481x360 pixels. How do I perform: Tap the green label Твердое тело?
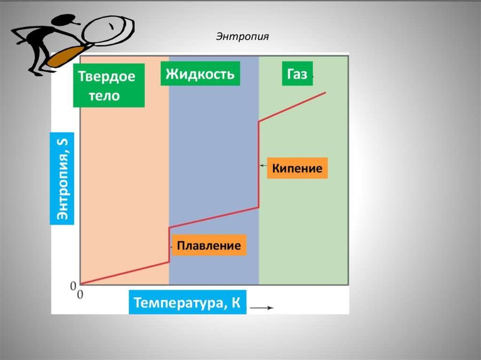pos(106,86)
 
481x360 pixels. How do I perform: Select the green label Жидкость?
pos(200,74)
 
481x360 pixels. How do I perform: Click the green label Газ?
pos(297,74)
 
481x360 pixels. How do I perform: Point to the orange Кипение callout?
pos(297,168)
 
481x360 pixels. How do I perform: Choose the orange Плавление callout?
pos(209,245)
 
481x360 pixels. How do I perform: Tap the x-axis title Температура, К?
pos(187,303)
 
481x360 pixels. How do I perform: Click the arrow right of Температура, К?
pos(262,308)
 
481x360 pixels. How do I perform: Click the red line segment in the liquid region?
pos(214,217)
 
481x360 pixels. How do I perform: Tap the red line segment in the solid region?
pos(124,273)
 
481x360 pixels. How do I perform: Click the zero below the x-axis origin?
pos(79,294)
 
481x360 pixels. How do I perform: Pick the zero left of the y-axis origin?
pos(73,285)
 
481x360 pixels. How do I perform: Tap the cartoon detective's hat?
pos(66,19)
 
